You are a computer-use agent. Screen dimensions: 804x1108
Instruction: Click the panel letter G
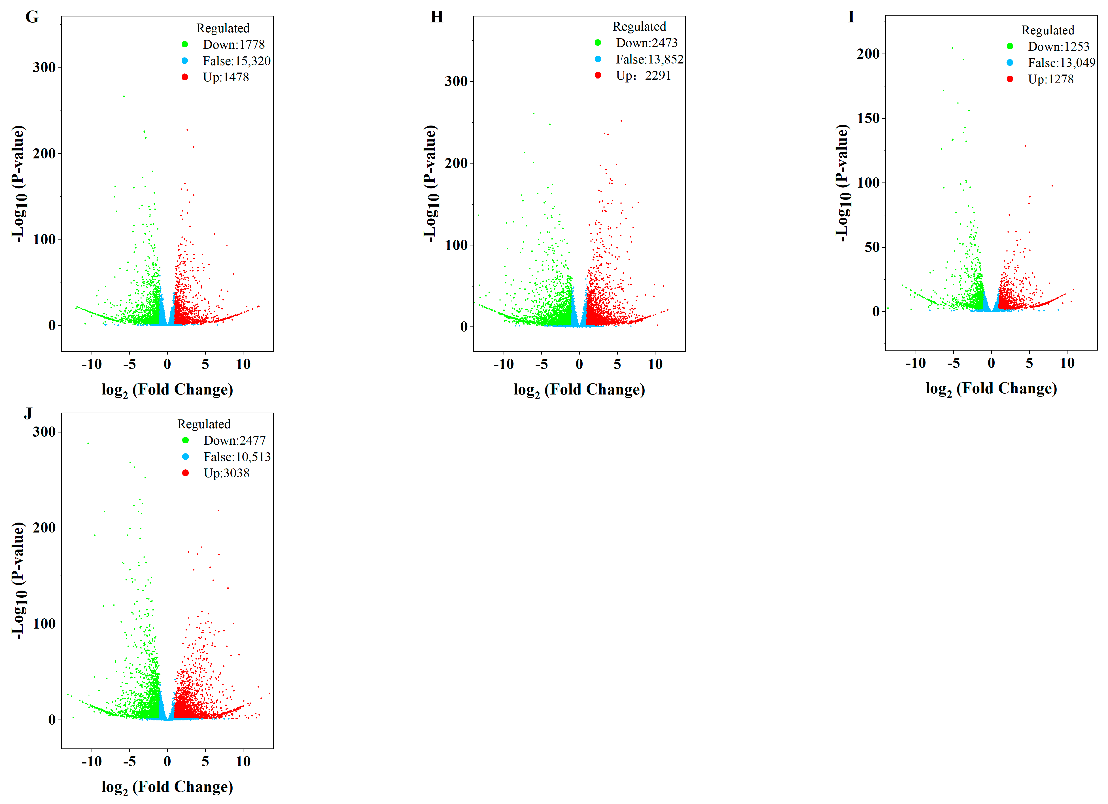point(32,17)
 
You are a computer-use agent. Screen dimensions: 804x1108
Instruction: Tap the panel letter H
point(436,17)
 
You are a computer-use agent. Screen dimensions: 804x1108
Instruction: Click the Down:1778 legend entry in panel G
point(234,44)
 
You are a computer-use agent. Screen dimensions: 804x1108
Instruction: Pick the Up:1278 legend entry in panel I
point(1050,79)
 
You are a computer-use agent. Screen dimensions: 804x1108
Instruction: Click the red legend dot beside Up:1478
point(185,77)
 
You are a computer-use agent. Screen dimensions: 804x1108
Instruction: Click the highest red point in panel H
point(621,121)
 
